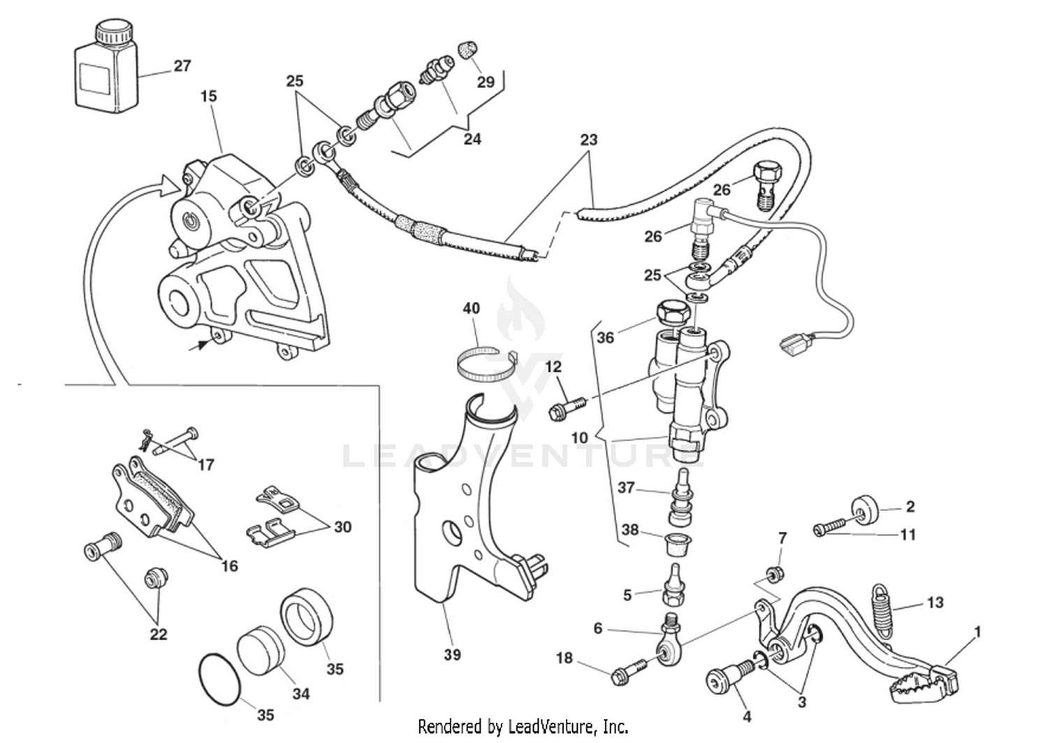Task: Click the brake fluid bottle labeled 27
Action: [x=105, y=66]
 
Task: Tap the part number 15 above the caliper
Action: [x=208, y=96]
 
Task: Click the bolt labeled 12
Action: [x=565, y=407]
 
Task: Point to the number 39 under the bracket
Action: [x=452, y=655]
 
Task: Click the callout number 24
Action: [x=472, y=139]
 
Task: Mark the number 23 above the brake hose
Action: [x=589, y=140]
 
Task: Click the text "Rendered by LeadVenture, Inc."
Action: [x=523, y=726]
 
